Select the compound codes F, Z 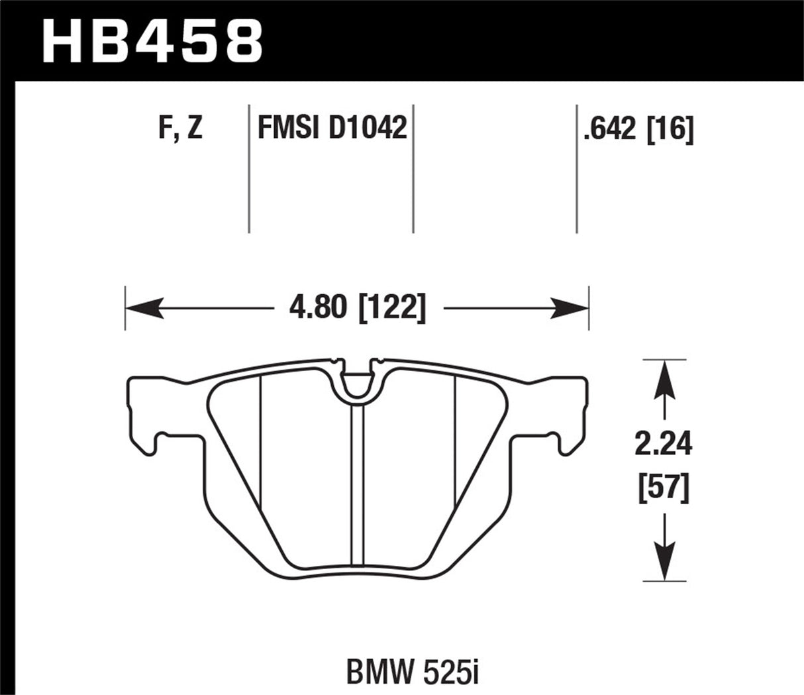click(x=180, y=128)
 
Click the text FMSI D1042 click(x=331, y=128)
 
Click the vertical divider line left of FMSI click(x=249, y=169)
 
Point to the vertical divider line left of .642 click(x=577, y=169)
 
